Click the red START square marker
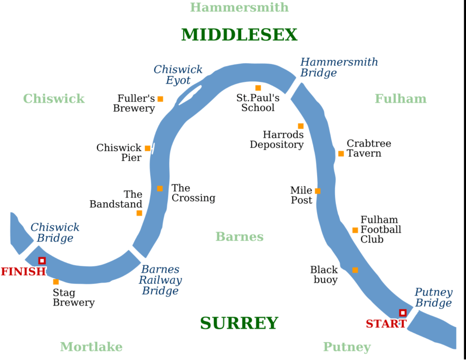click(402, 313)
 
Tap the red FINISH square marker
click(42, 261)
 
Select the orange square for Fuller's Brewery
click(160, 99)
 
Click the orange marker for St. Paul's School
click(258, 88)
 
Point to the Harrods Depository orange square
click(301, 126)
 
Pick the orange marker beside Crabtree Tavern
click(341, 153)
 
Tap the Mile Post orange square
click(318, 191)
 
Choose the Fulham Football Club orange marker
click(355, 230)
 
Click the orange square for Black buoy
click(355, 270)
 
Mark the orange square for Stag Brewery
click(56, 282)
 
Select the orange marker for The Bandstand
click(139, 213)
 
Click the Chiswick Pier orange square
click(147, 148)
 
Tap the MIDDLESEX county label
click(239, 35)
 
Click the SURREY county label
click(239, 323)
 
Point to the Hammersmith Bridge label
click(339, 67)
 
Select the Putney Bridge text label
click(433, 298)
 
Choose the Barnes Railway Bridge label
click(160, 280)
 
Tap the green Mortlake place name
click(91, 347)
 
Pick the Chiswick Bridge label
click(55, 233)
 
